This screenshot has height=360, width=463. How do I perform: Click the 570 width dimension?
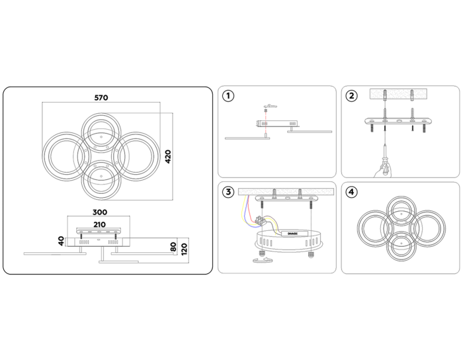tap(101, 97)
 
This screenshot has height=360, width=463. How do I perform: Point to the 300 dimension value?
tap(101, 213)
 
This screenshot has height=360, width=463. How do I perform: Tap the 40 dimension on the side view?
tap(62, 242)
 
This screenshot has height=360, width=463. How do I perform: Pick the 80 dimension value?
tap(173, 247)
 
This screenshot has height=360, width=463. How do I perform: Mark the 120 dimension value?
tap(186, 249)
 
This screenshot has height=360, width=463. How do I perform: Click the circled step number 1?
tap(229, 96)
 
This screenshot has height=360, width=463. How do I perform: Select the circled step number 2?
tap(352, 96)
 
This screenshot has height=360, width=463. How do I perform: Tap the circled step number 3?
tap(229, 193)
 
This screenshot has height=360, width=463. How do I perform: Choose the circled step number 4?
tap(352, 193)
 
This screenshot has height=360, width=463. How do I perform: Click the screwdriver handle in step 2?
tap(382, 169)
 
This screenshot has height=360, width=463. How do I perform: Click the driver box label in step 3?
tap(291, 233)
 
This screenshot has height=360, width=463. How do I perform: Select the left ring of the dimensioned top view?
tap(61, 156)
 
